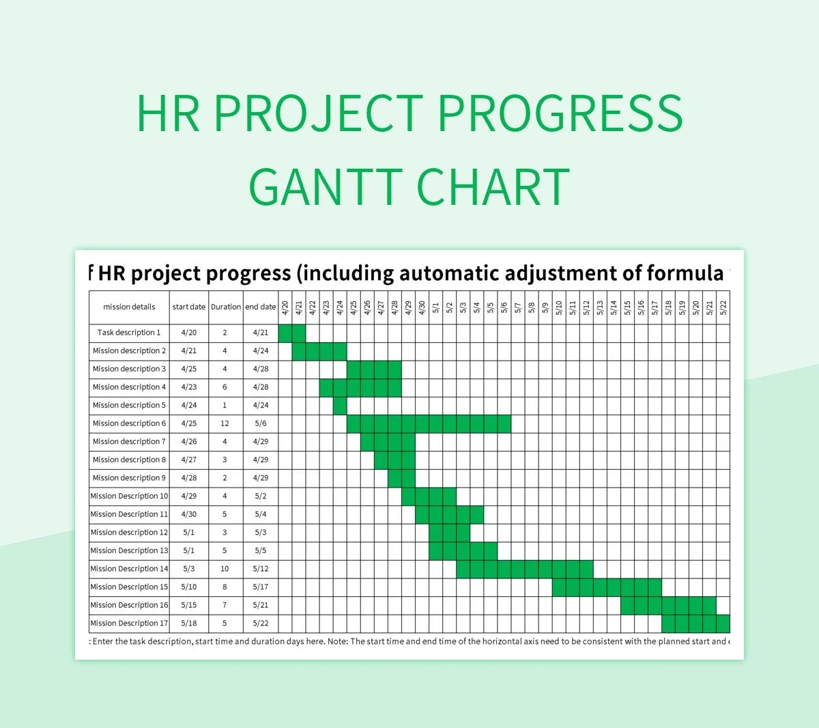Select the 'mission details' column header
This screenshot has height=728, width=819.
pos(129,307)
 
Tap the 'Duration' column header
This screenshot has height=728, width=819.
pos(225,307)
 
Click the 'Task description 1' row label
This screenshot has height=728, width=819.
pos(129,333)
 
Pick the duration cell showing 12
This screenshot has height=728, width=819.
pos(225,423)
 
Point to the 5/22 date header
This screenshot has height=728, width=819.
pos(723,307)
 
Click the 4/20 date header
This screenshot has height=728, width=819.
pos(285,307)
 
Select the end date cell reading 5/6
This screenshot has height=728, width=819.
pos(261,423)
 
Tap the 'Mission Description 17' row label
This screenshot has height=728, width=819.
pos(129,624)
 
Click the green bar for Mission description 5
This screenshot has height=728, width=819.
pos(340,406)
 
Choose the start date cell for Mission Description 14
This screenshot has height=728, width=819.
pos(189,569)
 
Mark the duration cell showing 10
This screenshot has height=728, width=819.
pos(225,569)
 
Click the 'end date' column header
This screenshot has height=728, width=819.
pos(261,307)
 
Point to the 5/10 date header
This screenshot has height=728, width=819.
pos(559,307)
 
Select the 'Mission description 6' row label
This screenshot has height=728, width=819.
pos(129,423)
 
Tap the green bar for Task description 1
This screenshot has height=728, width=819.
pos(292,333)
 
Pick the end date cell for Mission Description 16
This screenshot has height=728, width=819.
pos(261,605)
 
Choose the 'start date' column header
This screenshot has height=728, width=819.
pos(189,307)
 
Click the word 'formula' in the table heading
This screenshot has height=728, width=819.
pos(685,274)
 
